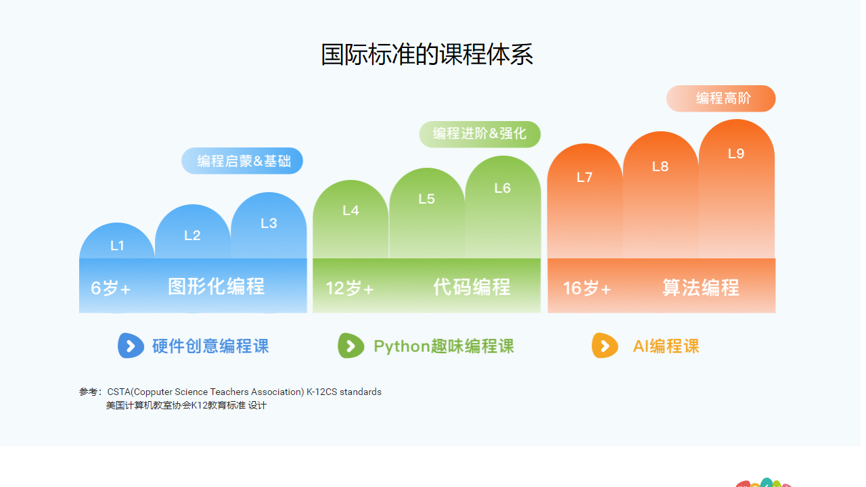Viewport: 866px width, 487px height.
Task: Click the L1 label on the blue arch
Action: tap(118, 246)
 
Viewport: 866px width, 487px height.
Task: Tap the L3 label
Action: tap(269, 223)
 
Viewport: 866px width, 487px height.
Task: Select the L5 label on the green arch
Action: tap(426, 199)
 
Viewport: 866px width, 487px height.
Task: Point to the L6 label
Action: tap(502, 188)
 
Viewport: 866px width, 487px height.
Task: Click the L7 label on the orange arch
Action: tap(585, 177)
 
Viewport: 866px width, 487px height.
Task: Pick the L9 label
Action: tap(736, 154)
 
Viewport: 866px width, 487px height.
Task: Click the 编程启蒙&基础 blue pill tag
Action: tap(242, 161)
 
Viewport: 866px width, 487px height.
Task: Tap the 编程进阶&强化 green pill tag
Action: tap(480, 134)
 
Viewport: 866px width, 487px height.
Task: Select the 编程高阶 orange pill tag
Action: tap(721, 99)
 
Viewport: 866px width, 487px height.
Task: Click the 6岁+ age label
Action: tap(111, 288)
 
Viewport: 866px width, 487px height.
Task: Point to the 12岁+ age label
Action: tap(350, 288)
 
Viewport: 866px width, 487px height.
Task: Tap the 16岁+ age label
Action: tap(587, 288)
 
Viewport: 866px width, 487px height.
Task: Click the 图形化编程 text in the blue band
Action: tap(216, 287)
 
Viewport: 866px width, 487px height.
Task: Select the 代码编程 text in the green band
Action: tap(472, 287)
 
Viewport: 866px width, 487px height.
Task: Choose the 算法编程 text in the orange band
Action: tap(701, 287)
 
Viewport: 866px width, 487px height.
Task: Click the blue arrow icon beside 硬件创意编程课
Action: tap(131, 346)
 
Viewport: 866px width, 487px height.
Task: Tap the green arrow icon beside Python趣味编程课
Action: tap(350, 346)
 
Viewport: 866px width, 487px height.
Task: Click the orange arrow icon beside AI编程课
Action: tap(604, 346)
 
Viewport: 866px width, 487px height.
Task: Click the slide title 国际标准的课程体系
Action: tap(427, 55)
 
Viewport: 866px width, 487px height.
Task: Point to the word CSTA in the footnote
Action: tap(118, 392)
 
